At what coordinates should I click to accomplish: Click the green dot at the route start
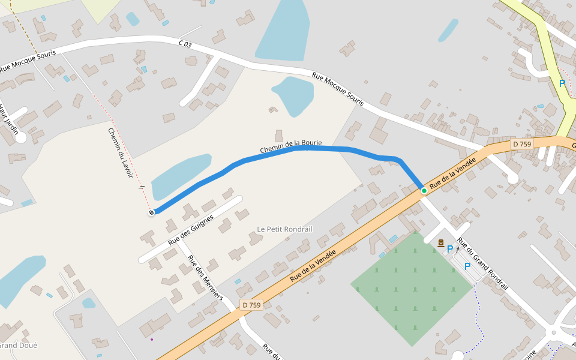(x=424, y=191)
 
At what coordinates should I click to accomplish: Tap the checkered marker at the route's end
(x=151, y=212)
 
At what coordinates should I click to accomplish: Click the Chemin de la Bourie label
(x=291, y=146)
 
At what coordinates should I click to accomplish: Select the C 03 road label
(x=185, y=44)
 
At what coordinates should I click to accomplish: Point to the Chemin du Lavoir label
(x=120, y=152)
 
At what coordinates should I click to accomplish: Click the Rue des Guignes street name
(x=191, y=230)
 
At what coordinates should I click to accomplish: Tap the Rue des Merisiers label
(x=205, y=278)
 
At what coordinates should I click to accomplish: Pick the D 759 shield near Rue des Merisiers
(x=251, y=305)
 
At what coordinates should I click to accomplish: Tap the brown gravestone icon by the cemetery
(x=441, y=243)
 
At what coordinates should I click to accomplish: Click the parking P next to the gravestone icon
(x=450, y=248)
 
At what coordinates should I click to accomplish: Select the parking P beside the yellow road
(x=562, y=84)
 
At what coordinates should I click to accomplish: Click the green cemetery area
(x=408, y=288)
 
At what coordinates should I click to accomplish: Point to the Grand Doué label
(x=18, y=346)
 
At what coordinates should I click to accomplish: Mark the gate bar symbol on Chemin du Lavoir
(x=142, y=187)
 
